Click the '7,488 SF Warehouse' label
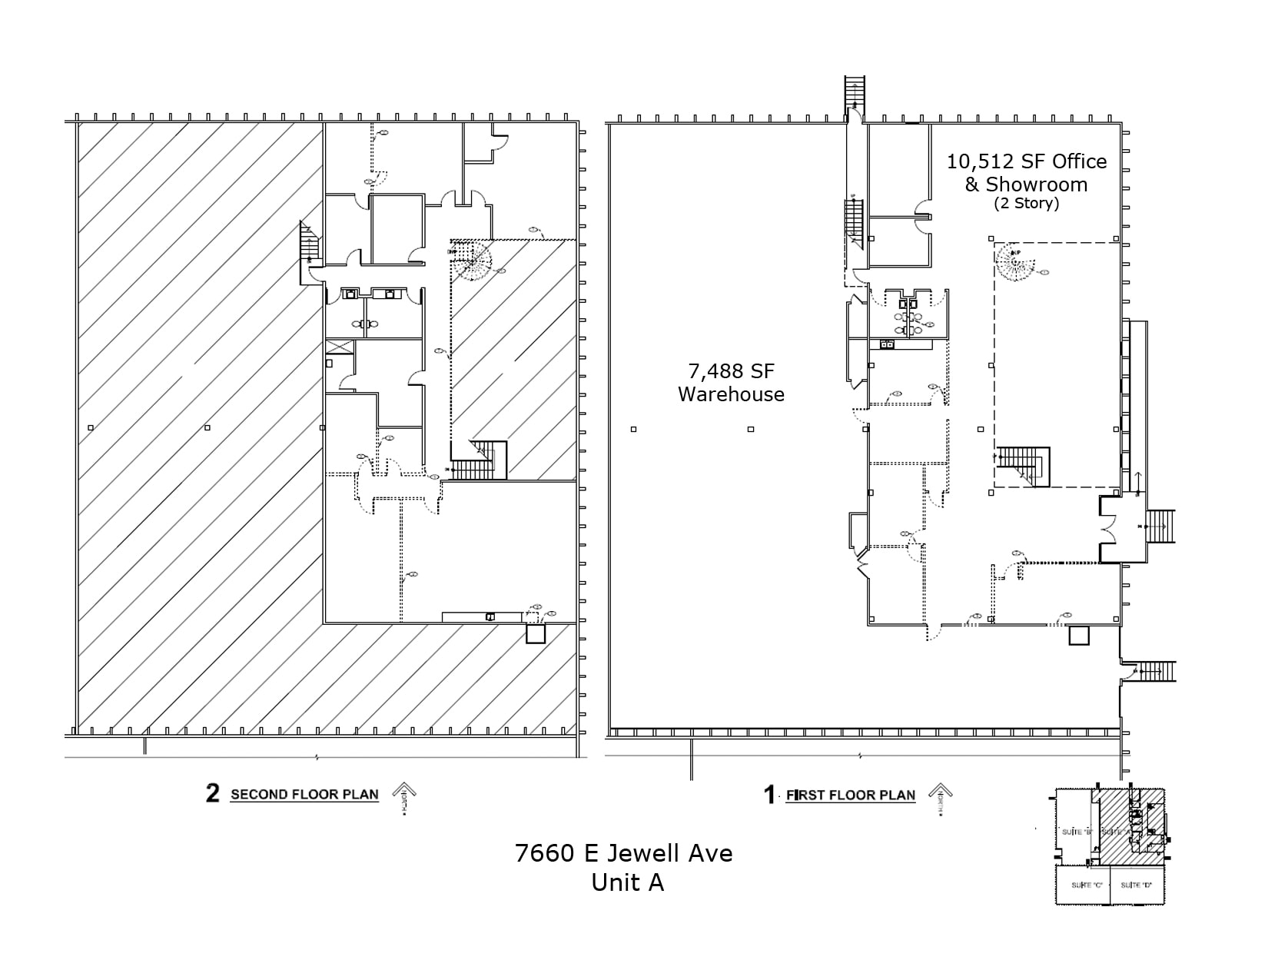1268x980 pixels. point(731,383)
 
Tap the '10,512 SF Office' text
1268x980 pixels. point(1026,161)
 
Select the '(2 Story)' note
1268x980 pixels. point(1026,204)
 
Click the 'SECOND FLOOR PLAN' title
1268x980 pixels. point(304,795)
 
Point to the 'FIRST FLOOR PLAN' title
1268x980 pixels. point(850,796)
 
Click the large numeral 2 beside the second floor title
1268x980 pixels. point(212,793)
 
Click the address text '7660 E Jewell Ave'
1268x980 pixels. point(623,853)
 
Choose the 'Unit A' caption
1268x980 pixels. point(627,882)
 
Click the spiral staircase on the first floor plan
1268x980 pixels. point(1014,261)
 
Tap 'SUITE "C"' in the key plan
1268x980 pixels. point(1087,885)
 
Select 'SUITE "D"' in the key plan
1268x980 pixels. point(1136,885)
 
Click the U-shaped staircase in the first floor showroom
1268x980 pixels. point(1024,466)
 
